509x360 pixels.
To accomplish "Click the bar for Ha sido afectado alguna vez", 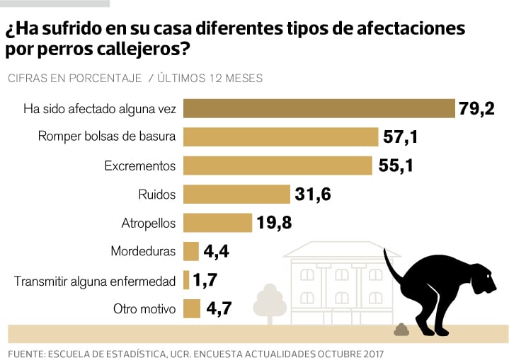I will [319, 108].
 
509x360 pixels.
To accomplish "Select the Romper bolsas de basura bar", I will [280, 137].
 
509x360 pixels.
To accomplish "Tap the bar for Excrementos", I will [278, 166].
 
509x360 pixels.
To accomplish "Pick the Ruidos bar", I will [237, 194].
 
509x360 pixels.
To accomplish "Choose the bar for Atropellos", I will [217, 223].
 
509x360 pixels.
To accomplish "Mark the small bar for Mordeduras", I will [190, 251].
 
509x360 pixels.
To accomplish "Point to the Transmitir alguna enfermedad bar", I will [186, 280].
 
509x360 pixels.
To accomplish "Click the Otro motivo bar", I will [191, 309].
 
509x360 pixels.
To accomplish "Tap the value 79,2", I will [476, 108].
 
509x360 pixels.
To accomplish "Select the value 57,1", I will [401, 137].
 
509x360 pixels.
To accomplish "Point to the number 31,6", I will [314, 194].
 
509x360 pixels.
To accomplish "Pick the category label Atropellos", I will [148, 223].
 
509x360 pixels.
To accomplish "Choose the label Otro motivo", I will [144, 309].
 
